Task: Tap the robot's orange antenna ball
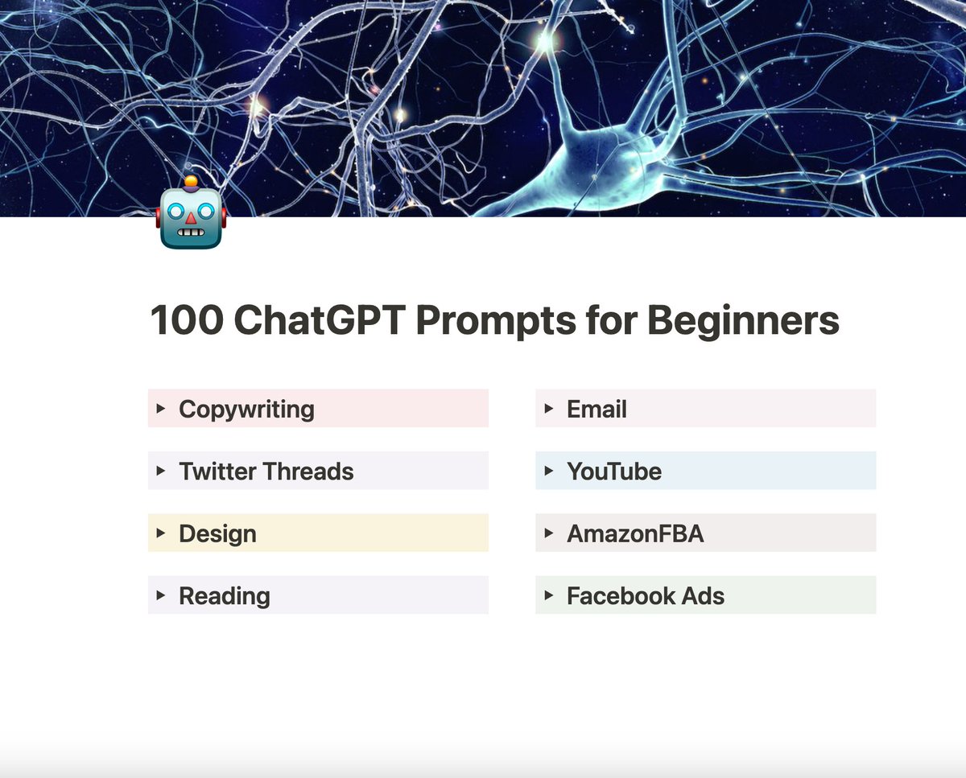191,182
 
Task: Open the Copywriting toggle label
246,409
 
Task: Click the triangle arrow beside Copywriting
161,408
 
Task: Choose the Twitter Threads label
266,471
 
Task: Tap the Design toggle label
217,533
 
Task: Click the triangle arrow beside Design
161,533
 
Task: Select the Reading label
224,595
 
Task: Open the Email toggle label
597,409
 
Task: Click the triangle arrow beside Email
549,408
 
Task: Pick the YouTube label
613,471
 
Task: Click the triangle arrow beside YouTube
549,470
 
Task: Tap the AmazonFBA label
635,533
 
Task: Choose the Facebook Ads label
645,595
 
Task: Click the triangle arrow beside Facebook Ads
549,595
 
